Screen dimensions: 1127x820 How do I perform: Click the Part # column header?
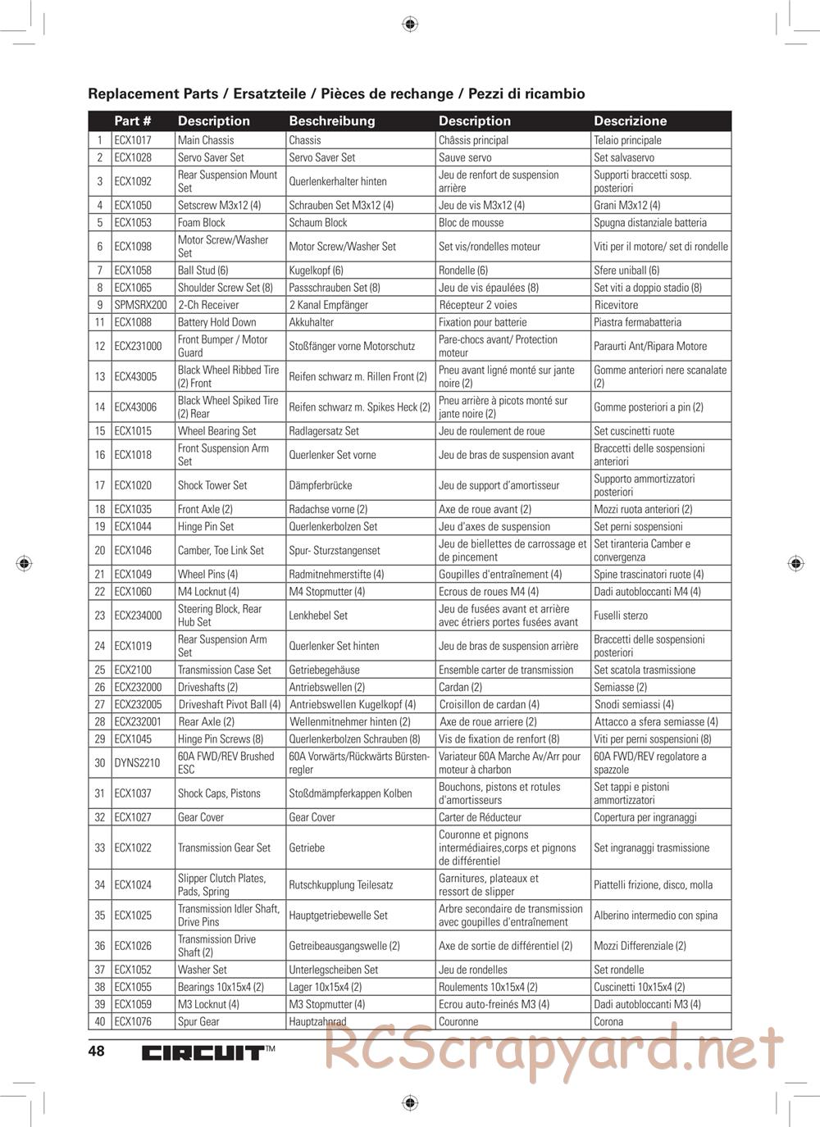pos(132,120)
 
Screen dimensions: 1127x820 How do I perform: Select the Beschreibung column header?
pos(331,120)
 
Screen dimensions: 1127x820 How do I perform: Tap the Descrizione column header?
pos(630,120)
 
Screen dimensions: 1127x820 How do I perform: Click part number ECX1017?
pos(133,140)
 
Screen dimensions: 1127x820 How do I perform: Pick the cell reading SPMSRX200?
pos(140,305)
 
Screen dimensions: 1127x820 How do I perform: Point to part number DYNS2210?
pos(138,763)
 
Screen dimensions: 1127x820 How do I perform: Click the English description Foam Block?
pos(201,223)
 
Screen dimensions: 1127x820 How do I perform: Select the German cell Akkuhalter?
pos(311,322)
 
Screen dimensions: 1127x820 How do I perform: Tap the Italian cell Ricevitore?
pos(616,305)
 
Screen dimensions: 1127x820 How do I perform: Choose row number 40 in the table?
pos(100,1022)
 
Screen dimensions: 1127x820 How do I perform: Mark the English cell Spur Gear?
pos(198,1022)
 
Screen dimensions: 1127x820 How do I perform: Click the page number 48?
pos(97,1051)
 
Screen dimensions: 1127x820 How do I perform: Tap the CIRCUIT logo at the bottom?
pos(203,1053)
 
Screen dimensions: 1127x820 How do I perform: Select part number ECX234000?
pos(138,616)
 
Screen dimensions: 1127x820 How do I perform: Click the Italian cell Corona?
pos(608,1022)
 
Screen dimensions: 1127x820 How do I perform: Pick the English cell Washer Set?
pos(202,970)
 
